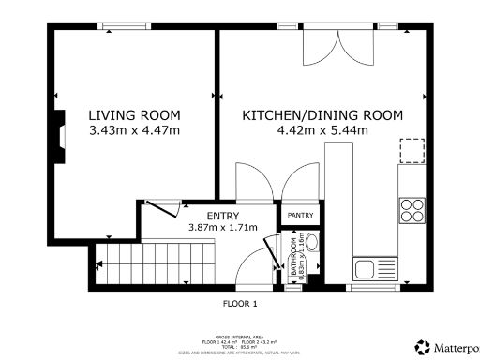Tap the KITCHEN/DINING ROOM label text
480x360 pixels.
[322, 115]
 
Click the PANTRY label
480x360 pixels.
[300, 216]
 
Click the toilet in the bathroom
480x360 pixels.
[313, 247]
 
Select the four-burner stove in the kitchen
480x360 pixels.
[411, 207]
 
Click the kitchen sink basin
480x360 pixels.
[366, 270]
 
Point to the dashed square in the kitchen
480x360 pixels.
[412, 151]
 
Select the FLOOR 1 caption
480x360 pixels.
[240, 304]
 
